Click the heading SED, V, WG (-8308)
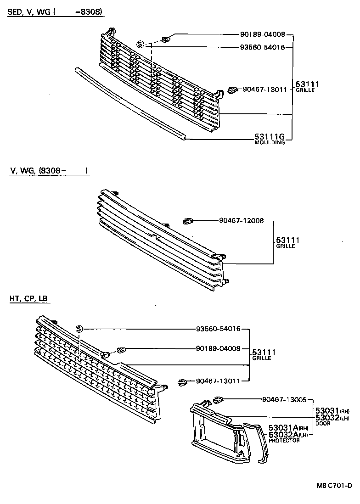click(55, 12)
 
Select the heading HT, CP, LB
click(28, 299)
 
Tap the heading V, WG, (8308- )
click(48, 171)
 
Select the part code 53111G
click(270, 137)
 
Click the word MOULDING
click(270, 143)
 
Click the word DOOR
click(323, 423)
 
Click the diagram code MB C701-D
click(333, 486)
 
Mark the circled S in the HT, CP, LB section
click(79, 329)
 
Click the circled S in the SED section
click(141, 45)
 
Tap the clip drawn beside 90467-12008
click(188, 221)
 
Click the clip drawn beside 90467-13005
click(219, 399)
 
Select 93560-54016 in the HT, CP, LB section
click(218, 329)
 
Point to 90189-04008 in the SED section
click(262, 34)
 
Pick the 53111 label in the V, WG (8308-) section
click(287, 240)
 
